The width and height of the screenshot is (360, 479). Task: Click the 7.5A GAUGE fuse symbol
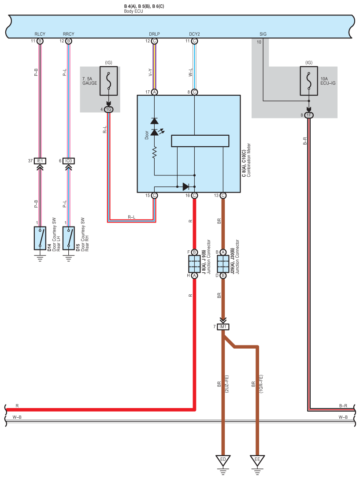[108, 81]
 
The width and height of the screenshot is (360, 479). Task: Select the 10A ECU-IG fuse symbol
[309, 81]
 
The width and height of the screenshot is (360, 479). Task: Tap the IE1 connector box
[40, 161]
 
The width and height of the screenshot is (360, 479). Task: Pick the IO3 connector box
[69, 161]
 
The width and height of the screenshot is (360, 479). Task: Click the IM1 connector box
[223, 327]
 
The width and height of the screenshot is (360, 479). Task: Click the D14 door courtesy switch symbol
[40, 238]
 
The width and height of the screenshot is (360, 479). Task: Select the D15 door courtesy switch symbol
[69, 238]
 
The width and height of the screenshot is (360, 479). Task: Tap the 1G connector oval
[108, 109]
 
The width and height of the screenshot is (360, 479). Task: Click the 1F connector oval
[309, 115]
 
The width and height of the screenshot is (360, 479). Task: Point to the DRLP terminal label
[154, 34]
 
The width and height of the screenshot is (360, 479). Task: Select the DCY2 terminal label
[194, 34]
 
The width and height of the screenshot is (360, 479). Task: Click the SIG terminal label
[263, 34]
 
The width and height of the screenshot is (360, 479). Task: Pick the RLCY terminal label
[40, 34]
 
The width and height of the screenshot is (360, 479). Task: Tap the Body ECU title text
[134, 11]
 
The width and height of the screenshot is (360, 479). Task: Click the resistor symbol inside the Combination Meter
[155, 152]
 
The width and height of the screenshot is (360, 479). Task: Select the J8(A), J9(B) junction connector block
[194, 264]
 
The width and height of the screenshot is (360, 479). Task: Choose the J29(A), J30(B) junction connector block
[223, 264]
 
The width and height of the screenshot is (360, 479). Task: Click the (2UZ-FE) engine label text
[227, 384]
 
